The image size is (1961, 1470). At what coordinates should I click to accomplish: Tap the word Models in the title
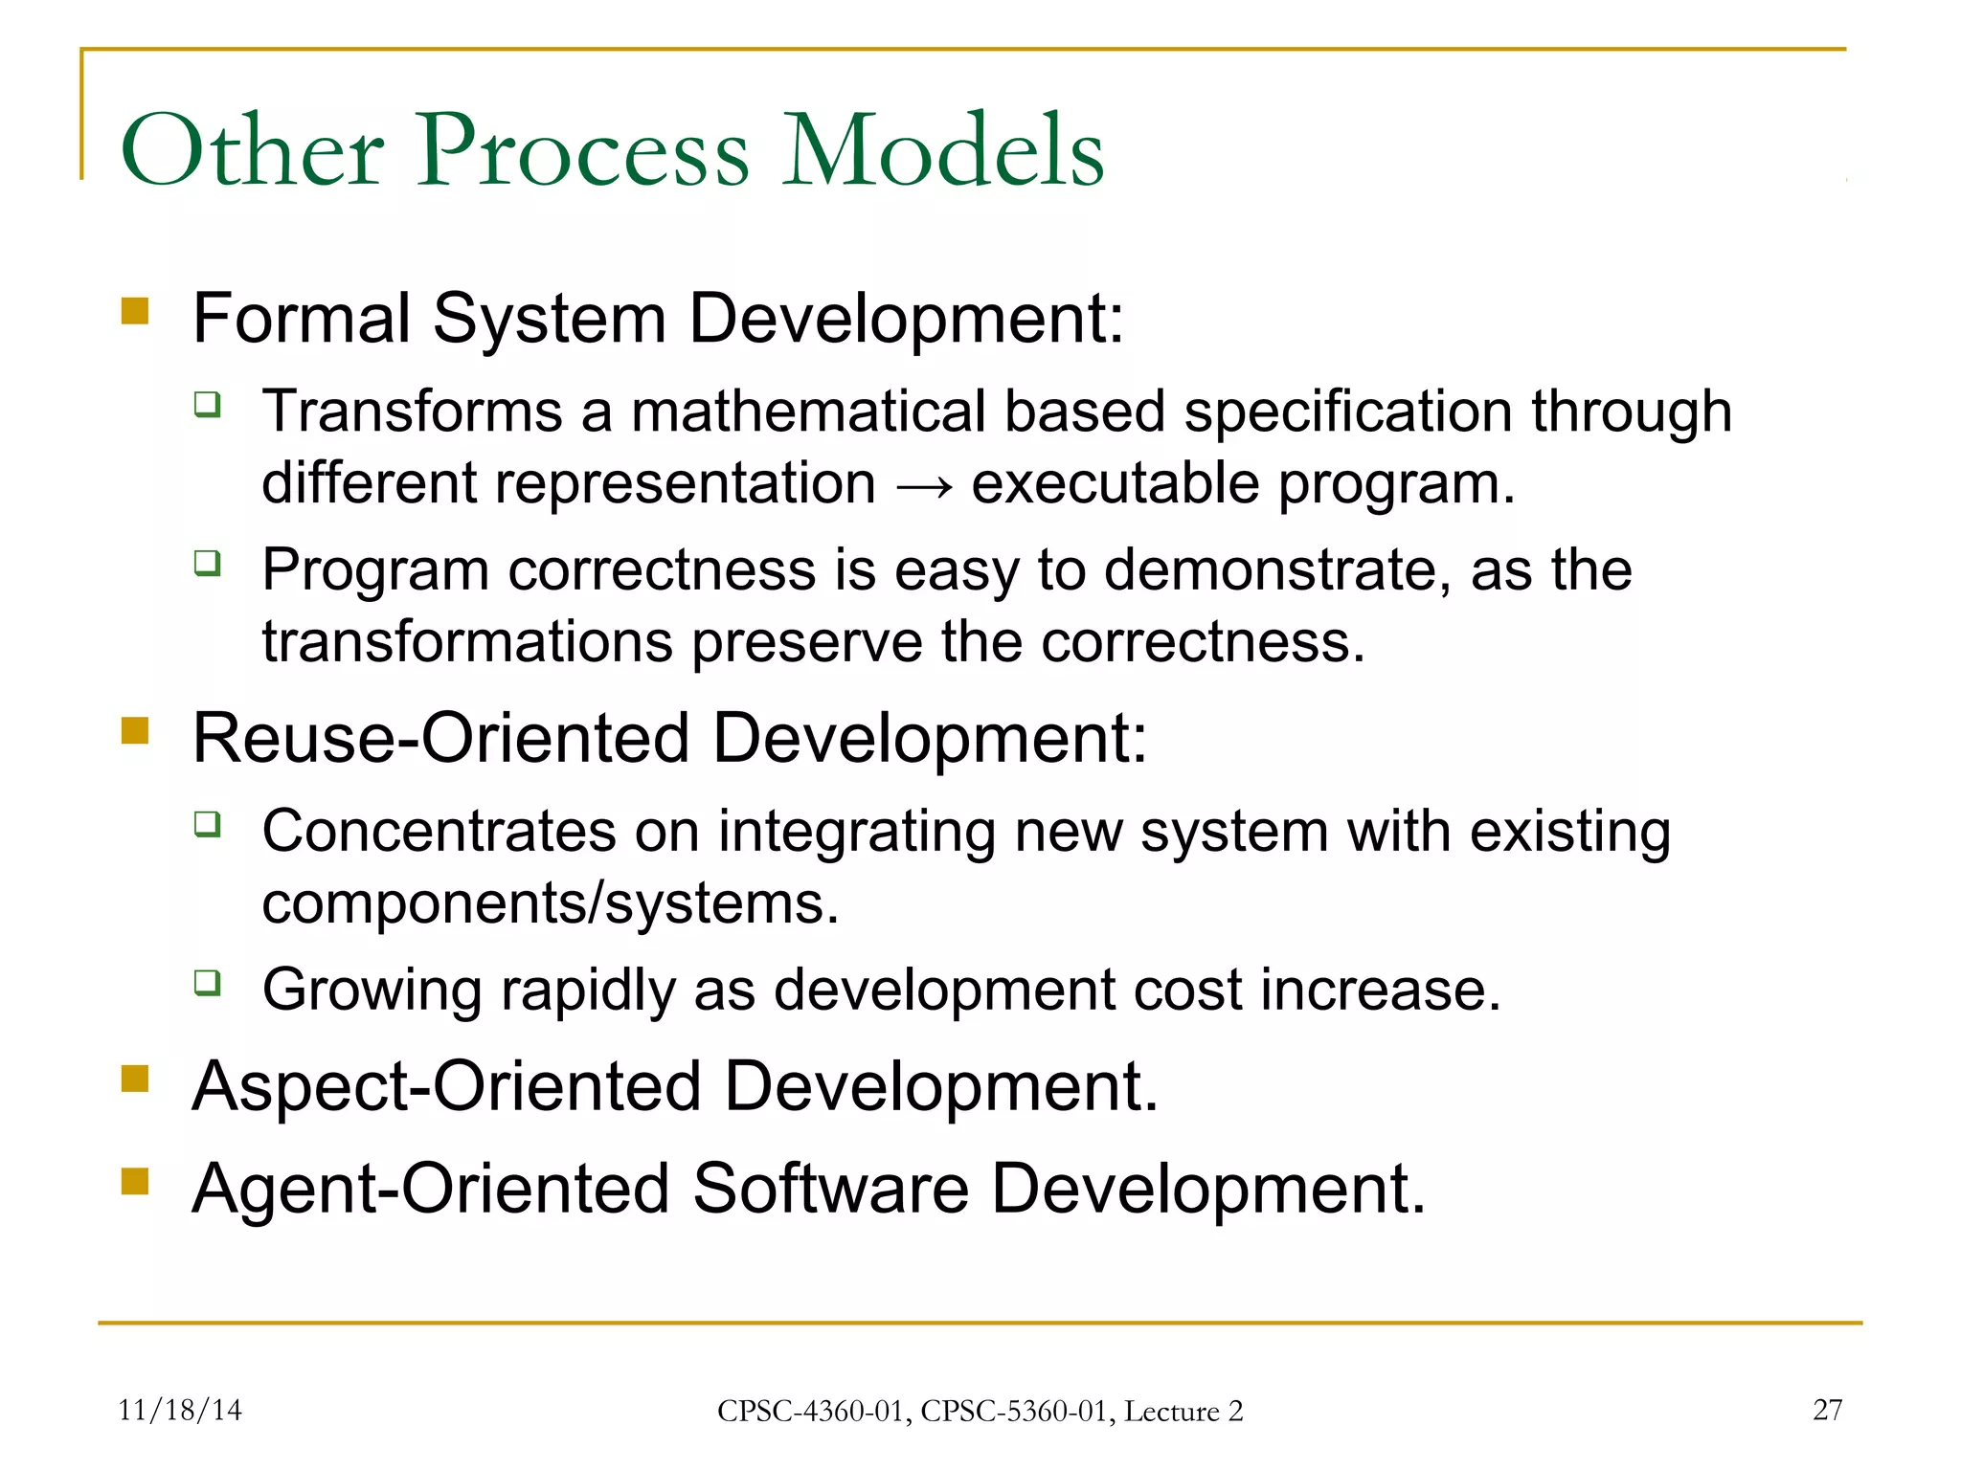[943, 151]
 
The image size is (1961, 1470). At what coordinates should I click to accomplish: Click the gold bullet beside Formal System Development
[135, 312]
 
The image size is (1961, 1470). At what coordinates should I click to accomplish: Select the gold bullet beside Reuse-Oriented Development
[135, 731]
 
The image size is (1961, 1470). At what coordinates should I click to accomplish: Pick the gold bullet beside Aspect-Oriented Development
[135, 1080]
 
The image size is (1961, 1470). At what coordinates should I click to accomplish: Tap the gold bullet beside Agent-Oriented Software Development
[135, 1182]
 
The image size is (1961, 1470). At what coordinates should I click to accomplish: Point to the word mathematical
[806, 412]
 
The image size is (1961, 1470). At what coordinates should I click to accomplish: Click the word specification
[1347, 412]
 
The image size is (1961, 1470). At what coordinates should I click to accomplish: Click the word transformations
[467, 641]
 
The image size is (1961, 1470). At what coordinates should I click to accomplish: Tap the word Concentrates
[440, 831]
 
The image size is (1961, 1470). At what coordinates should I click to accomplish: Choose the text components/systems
[550, 903]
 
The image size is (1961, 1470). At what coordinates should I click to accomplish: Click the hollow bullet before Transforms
[208, 405]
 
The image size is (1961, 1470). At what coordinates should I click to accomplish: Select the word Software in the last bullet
[830, 1189]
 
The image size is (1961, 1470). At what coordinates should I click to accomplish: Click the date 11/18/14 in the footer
[179, 1410]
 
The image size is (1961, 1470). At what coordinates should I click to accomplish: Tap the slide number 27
[1827, 1410]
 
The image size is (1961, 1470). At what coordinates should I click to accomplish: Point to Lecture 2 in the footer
[1183, 1412]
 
